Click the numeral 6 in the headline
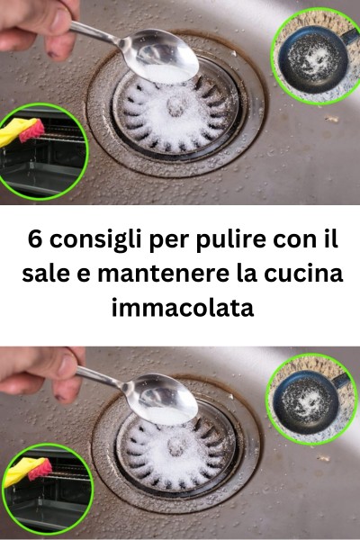34,239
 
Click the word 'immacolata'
183,308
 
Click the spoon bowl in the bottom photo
165,400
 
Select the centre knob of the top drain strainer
176,105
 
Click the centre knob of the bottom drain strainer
176,446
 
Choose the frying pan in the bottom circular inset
310,400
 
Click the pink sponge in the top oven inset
31,130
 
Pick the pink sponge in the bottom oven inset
40,469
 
